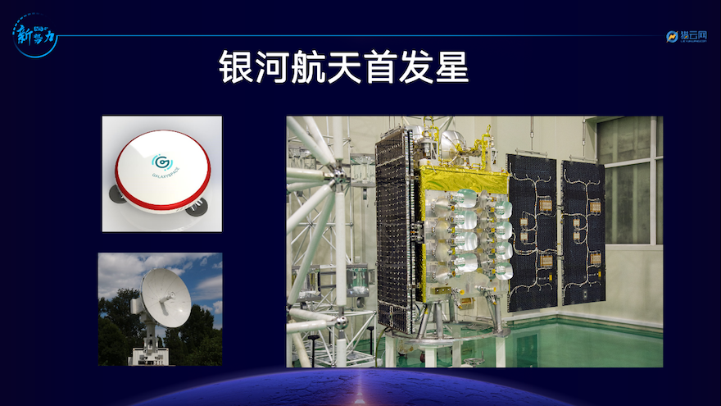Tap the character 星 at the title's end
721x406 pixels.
pyautogui.click(x=451, y=68)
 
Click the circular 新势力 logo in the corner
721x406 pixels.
pyautogui.click(x=34, y=37)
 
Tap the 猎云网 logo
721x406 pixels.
pyautogui.click(x=686, y=36)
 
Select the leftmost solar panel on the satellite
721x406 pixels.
pyautogui.click(x=396, y=230)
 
